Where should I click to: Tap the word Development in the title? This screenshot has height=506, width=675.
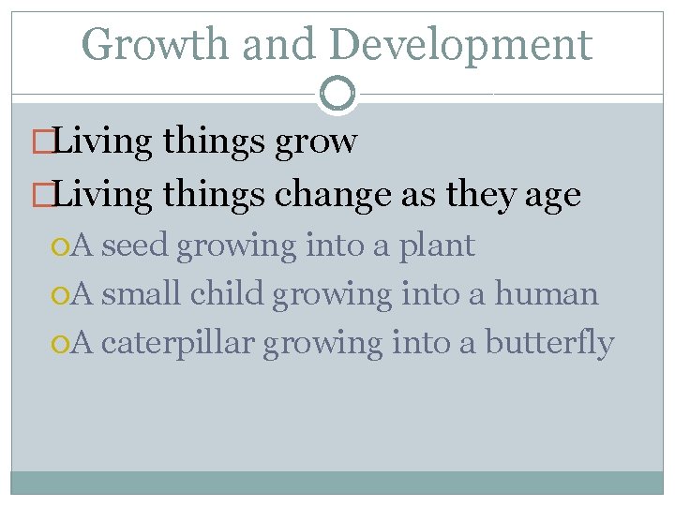pos(460,44)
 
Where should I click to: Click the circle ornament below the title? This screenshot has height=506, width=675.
pos(337,94)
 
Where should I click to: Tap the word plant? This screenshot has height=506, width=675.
pos(438,246)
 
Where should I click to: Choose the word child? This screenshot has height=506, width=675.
pos(228,294)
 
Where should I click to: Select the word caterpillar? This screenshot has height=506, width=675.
pos(177,344)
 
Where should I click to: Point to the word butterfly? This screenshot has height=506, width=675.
pos(549,344)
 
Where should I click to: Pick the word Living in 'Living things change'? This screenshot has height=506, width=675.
pos(104,195)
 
